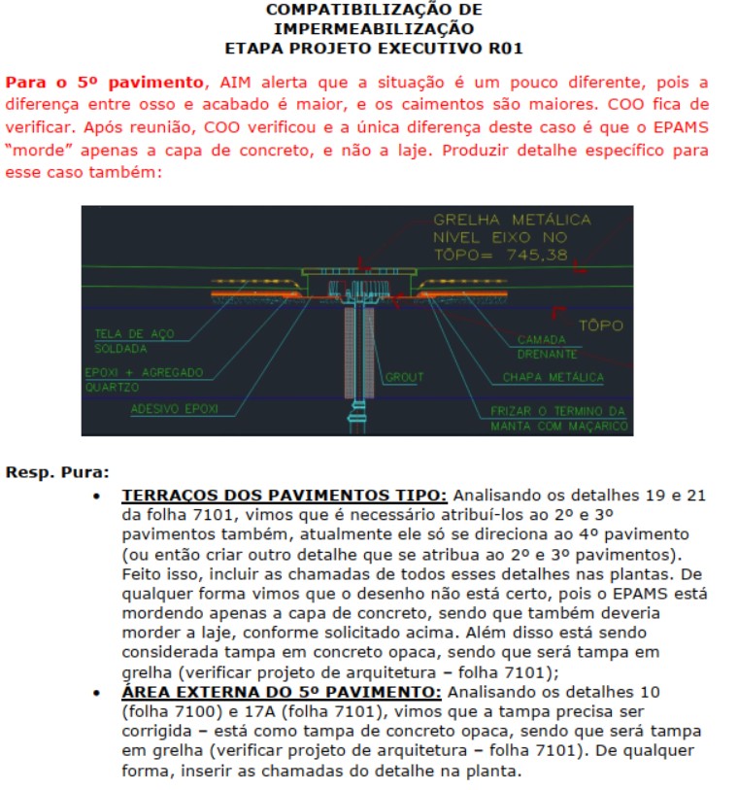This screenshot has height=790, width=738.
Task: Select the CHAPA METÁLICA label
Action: point(553,377)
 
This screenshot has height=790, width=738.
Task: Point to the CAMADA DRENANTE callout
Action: point(548,347)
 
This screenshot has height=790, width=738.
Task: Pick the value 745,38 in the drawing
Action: point(545,255)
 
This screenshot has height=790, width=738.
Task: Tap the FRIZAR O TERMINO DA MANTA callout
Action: point(558,418)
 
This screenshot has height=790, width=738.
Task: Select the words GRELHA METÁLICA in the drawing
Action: point(512,220)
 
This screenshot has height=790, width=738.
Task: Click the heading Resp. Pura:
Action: point(57,473)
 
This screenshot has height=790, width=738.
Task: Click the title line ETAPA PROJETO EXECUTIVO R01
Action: point(374,46)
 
